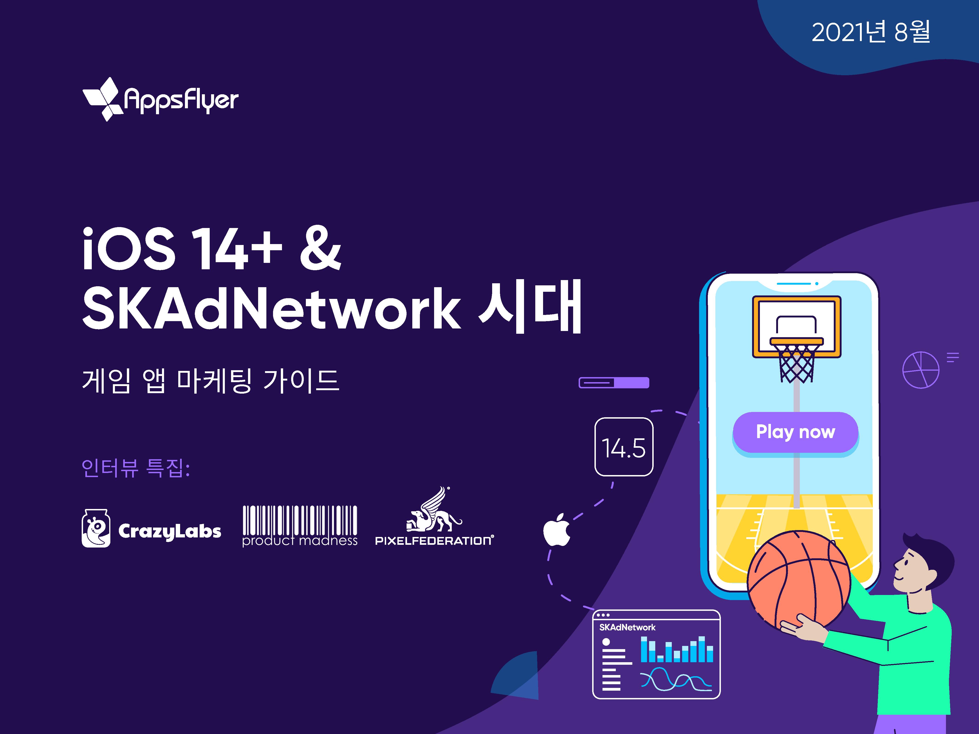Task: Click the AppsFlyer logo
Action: [x=160, y=99]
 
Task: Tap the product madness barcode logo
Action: [x=300, y=526]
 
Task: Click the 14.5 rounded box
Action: [x=624, y=447]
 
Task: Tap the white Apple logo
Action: [x=557, y=530]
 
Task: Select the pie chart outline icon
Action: [x=920, y=370]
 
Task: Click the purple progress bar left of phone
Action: [x=614, y=383]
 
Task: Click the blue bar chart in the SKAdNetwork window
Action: [x=677, y=649]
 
